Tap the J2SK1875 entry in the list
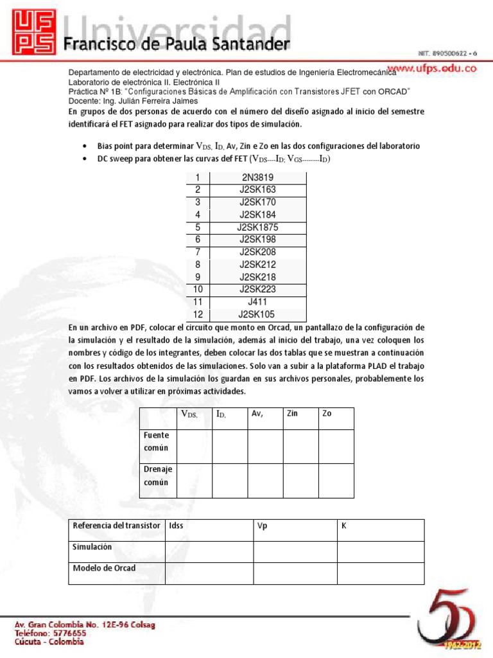click(258, 227)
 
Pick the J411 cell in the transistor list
click(258, 301)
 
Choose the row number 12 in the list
click(198, 314)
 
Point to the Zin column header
click(293, 414)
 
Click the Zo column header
click(327, 414)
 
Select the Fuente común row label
click(156, 441)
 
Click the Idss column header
click(176, 526)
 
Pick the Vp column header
click(262, 526)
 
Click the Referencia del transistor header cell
click(116, 526)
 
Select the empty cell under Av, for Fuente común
click(265, 447)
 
